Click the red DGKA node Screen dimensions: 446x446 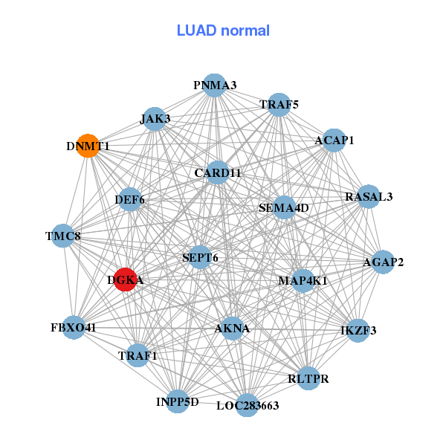click(x=126, y=279)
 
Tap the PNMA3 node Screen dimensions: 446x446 click(x=214, y=85)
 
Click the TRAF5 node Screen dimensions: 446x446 click(x=278, y=106)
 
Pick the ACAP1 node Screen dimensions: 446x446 click(x=334, y=140)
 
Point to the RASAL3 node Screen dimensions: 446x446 click(x=368, y=197)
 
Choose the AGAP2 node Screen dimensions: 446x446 click(x=383, y=262)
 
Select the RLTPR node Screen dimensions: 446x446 click(x=308, y=378)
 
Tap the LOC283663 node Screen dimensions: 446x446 click(x=248, y=405)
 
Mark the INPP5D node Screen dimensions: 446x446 click(x=178, y=401)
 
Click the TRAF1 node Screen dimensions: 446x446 click(x=138, y=355)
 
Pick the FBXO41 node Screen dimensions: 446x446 click(x=74, y=327)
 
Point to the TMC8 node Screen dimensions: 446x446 click(x=63, y=236)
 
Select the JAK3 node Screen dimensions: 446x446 click(x=155, y=118)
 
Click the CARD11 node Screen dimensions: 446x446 click(x=218, y=173)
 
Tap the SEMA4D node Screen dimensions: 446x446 click(x=283, y=207)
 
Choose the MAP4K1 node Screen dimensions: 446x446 click(x=303, y=280)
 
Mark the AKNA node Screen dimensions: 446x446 click(x=232, y=328)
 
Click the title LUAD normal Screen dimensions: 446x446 click(x=223, y=30)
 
